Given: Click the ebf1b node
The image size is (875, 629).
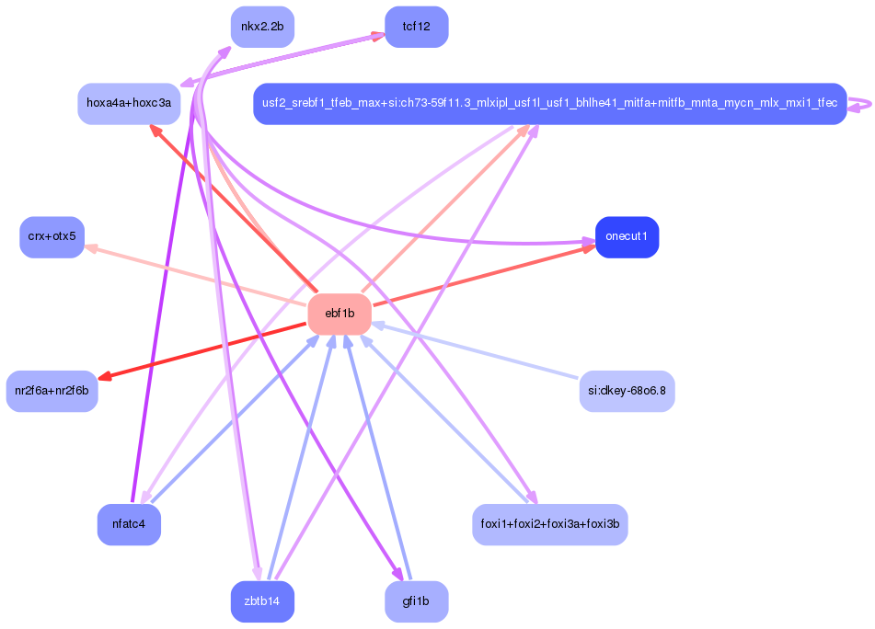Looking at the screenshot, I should pyautogui.click(x=340, y=314).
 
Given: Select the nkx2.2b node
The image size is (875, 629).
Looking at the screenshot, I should pyautogui.click(x=262, y=27).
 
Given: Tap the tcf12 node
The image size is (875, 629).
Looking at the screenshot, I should pyautogui.click(x=416, y=27).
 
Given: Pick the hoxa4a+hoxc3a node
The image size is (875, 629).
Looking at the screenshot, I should pyautogui.click(x=128, y=103).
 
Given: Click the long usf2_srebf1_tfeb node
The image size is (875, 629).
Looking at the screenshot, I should pyautogui.click(x=549, y=103).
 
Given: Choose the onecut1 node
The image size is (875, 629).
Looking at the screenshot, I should pyautogui.click(x=627, y=237).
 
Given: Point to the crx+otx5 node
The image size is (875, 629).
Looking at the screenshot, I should pyautogui.click(x=52, y=237).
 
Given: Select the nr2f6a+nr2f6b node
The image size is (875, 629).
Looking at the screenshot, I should pyautogui.click(x=52, y=391).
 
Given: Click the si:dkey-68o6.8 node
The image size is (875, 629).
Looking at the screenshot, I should pyautogui.click(x=627, y=391).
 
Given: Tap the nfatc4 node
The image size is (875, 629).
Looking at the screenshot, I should pyautogui.click(x=129, y=525).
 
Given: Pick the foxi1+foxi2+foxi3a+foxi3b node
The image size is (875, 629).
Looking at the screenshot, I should pyautogui.click(x=549, y=525).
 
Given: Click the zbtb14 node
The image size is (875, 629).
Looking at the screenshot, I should pyautogui.click(x=262, y=601).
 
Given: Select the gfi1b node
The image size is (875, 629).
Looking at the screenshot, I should pyautogui.click(x=416, y=601).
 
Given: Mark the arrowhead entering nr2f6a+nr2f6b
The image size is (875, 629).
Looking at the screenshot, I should pyautogui.click(x=103, y=377).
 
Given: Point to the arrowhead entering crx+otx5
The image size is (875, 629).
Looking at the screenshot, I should pyautogui.click(x=90, y=246).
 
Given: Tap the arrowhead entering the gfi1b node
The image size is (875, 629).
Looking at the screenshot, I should pyautogui.click(x=399, y=576).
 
